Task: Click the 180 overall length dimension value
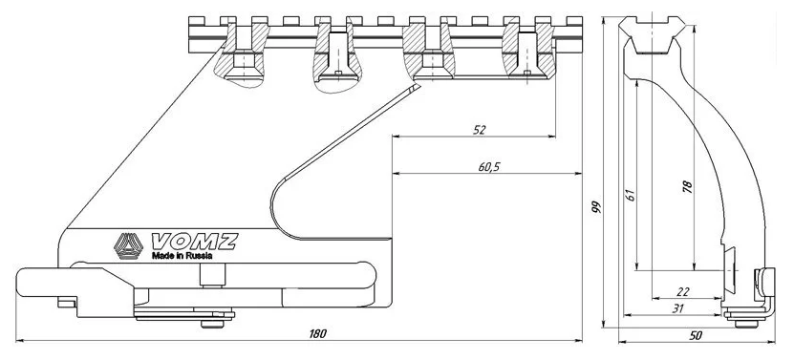318,333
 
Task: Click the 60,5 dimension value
488,166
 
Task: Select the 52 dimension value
479,130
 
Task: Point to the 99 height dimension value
597,206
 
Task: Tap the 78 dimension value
687,186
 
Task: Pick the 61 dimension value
630,195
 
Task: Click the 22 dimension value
683,292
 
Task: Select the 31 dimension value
678,308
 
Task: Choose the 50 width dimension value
697,336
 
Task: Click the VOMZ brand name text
195,242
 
